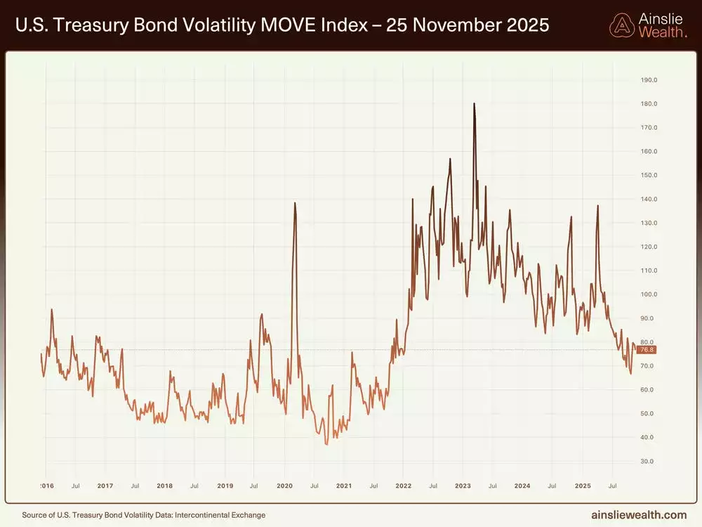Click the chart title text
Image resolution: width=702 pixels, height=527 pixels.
(x=281, y=26)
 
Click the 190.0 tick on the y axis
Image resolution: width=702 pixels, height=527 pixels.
(x=649, y=80)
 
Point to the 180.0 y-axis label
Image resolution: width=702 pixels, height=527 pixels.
(x=649, y=104)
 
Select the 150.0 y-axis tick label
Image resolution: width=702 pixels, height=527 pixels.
(x=649, y=176)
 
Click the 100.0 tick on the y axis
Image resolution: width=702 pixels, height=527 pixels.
(x=649, y=294)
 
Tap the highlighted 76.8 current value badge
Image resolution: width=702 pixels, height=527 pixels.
(x=646, y=350)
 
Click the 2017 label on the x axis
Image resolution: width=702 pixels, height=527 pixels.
(x=105, y=486)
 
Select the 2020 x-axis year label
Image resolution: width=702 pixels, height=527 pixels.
(x=284, y=486)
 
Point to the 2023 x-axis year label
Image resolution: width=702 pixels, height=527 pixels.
(x=463, y=486)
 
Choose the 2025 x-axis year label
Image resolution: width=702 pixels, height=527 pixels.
(x=582, y=486)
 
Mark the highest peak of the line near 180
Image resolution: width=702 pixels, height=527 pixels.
(x=475, y=104)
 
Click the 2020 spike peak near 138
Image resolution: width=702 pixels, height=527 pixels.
(x=295, y=203)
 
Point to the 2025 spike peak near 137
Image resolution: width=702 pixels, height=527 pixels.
(x=597, y=206)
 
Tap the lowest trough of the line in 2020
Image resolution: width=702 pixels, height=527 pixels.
(x=326, y=444)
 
